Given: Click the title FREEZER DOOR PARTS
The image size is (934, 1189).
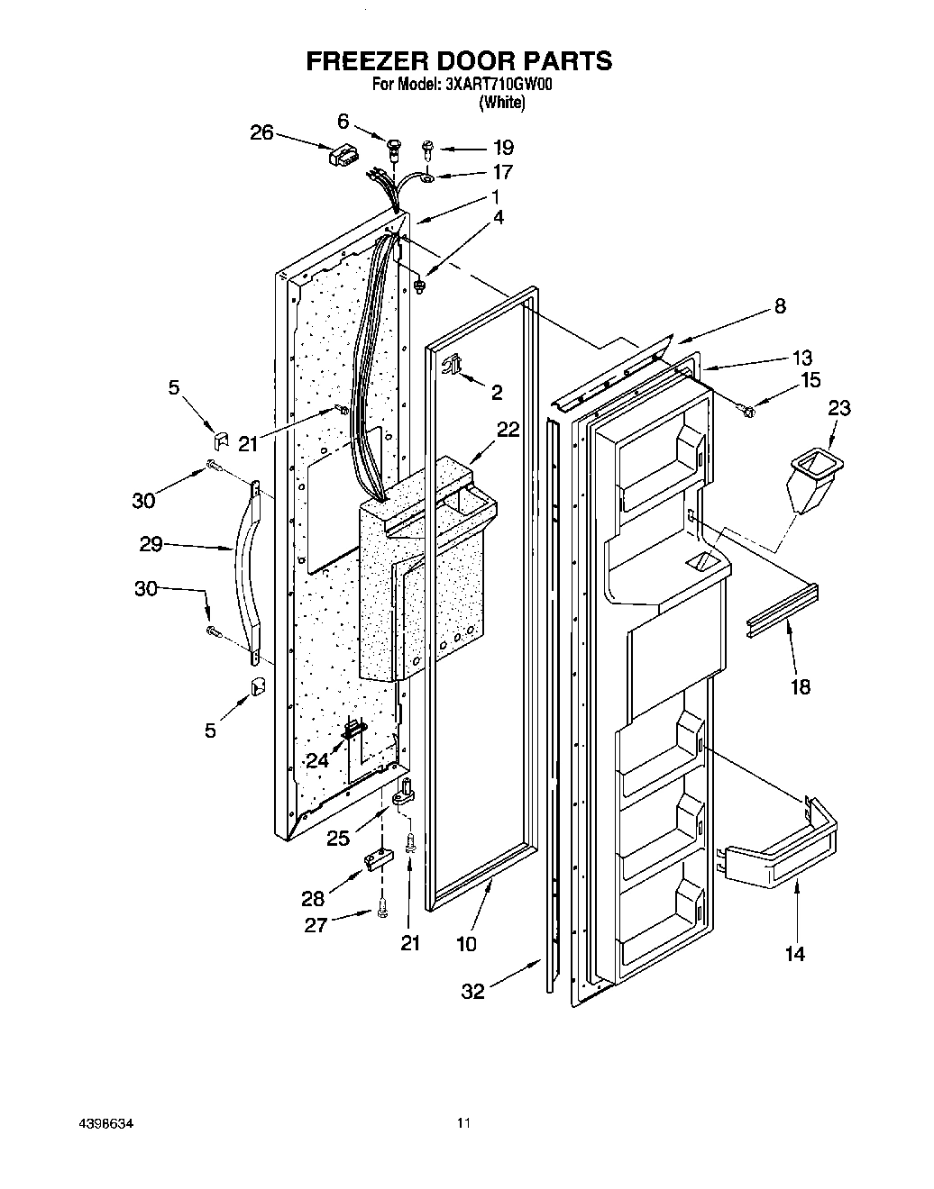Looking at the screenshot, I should coord(460,60).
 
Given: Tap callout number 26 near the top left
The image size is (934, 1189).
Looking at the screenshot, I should coord(261,132).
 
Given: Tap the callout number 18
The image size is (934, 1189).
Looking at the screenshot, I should coord(800,687).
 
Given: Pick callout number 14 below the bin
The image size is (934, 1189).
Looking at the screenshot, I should coord(794,953).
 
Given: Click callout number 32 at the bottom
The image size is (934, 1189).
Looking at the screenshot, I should coord(472,991).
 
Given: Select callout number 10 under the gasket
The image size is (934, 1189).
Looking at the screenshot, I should coord(466,944).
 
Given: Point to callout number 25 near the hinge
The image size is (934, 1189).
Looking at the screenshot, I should coord(338,839).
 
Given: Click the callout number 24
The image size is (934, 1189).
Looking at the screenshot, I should coord(316,760).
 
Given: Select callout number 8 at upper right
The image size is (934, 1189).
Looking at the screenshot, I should coord(779,306).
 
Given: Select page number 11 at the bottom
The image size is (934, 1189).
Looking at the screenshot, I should coord(463,1123).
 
